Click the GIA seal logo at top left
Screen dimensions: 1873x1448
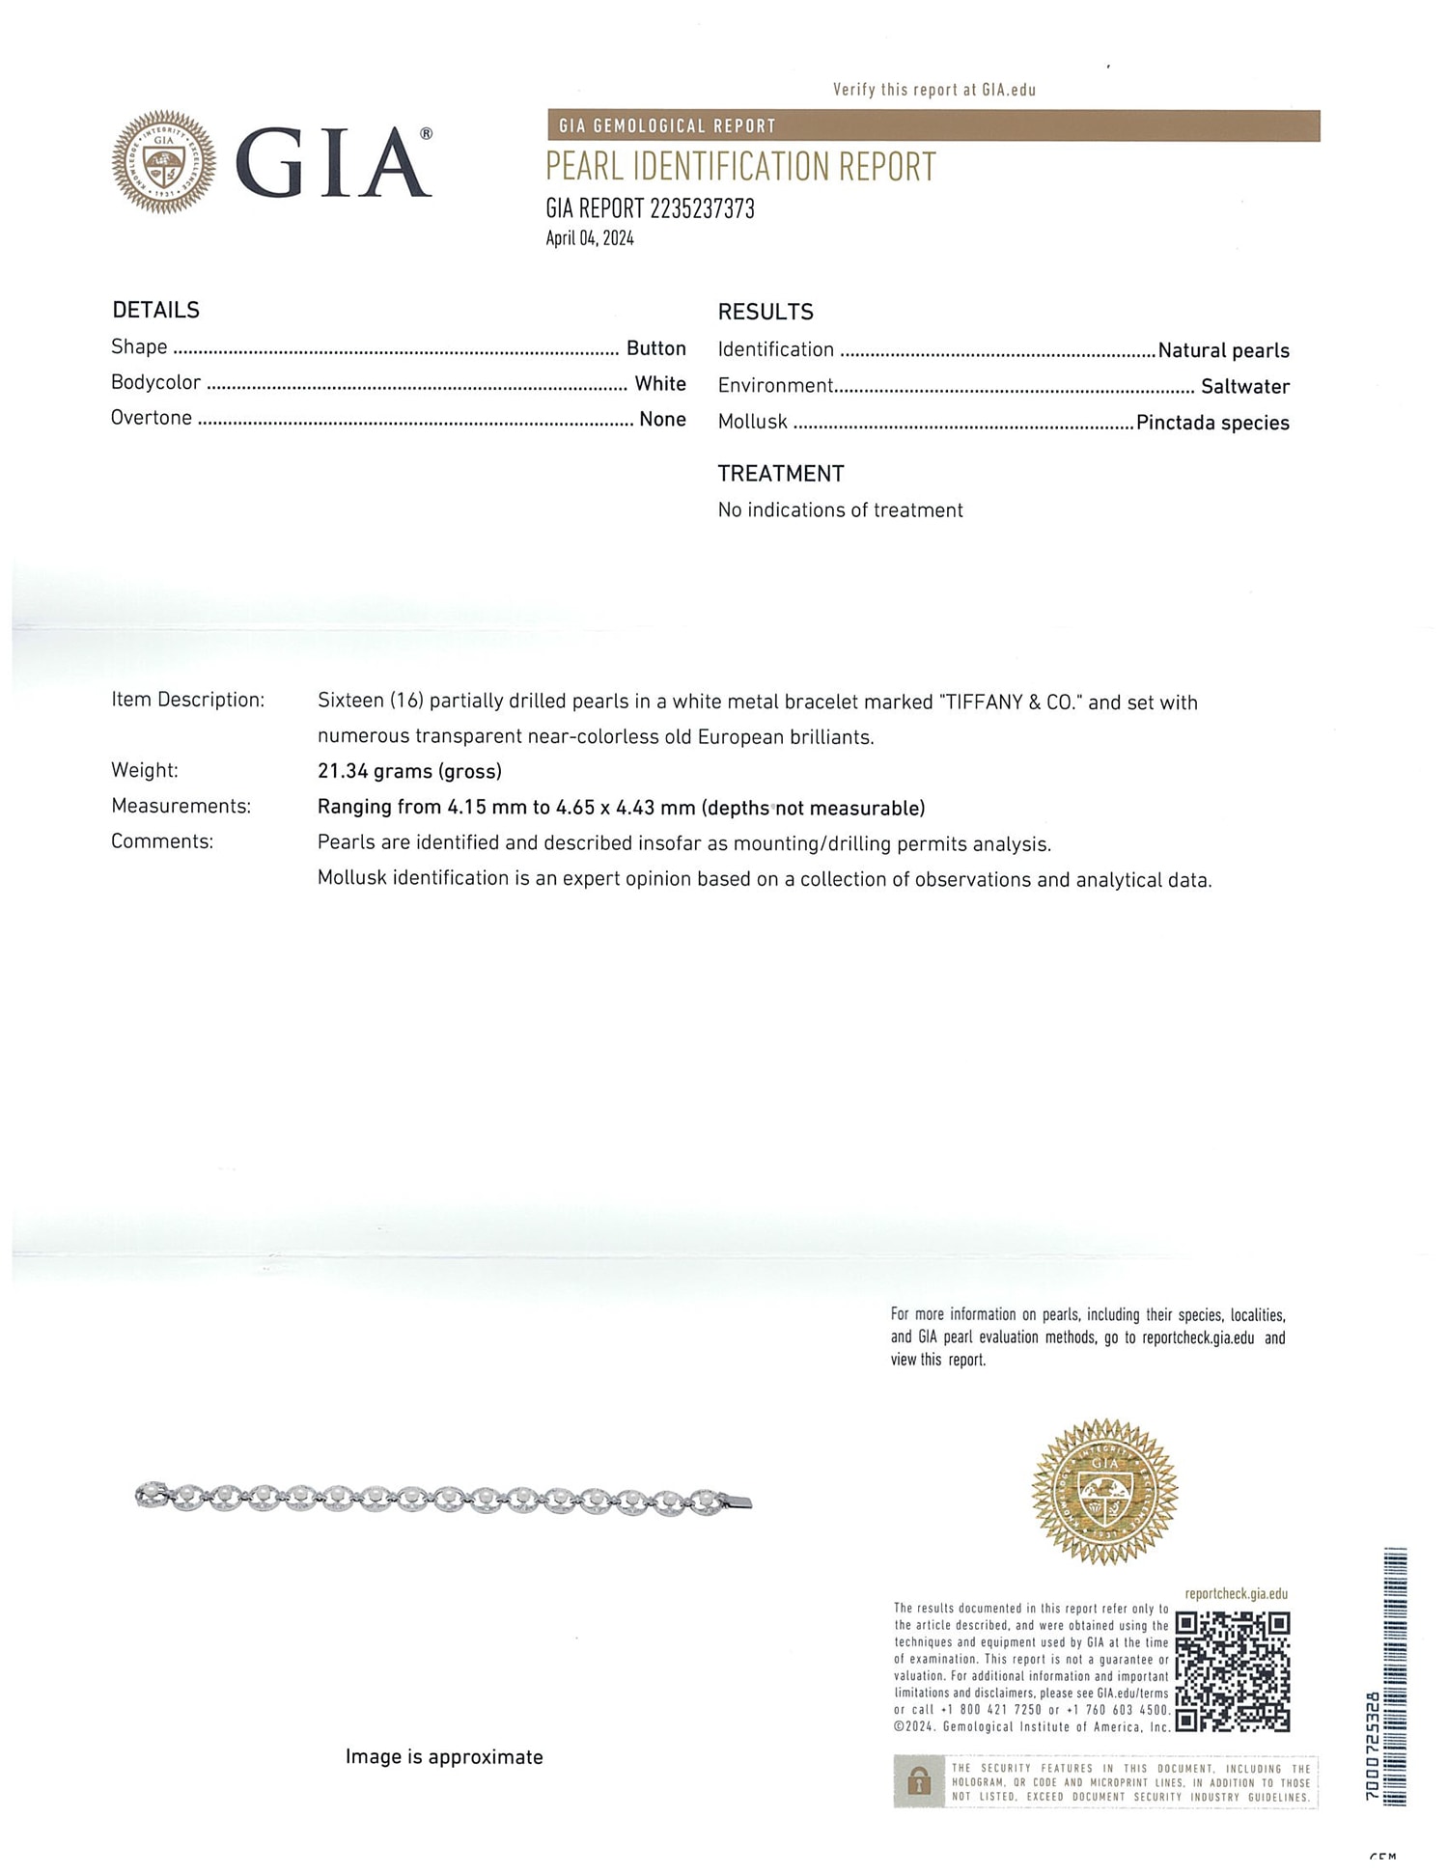pyautogui.click(x=164, y=162)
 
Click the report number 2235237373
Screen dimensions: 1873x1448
pyautogui.click(x=702, y=208)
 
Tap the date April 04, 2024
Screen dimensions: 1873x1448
pyautogui.click(x=590, y=238)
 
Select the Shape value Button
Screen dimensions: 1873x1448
pyautogui.click(x=655, y=348)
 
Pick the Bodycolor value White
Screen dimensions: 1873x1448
pyautogui.click(x=660, y=384)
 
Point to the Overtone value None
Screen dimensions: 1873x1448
pyautogui.click(x=662, y=420)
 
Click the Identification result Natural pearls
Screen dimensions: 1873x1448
pyautogui.click(x=1223, y=351)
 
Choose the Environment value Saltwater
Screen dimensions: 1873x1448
pyautogui.click(x=1244, y=387)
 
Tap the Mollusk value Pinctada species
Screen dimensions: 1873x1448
pyautogui.click(x=1212, y=423)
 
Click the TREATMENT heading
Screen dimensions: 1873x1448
pyautogui.click(x=780, y=474)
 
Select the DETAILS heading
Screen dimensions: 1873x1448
pyautogui.click(x=155, y=310)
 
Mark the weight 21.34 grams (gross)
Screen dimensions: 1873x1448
pyautogui.click(x=409, y=771)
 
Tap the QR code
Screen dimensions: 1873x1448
pyautogui.click(x=1233, y=1672)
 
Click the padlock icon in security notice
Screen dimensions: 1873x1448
pyautogui.click(x=919, y=1781)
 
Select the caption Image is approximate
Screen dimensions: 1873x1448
pyautogui.click(x=444, y=1757)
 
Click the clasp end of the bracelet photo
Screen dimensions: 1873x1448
pyautogui.click(x=737, y=1501)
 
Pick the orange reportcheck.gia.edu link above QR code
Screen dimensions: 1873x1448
pyautogui.click(x=1236, y=1594)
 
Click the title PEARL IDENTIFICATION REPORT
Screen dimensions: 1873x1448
pyautogui.click(x=740, y=167)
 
